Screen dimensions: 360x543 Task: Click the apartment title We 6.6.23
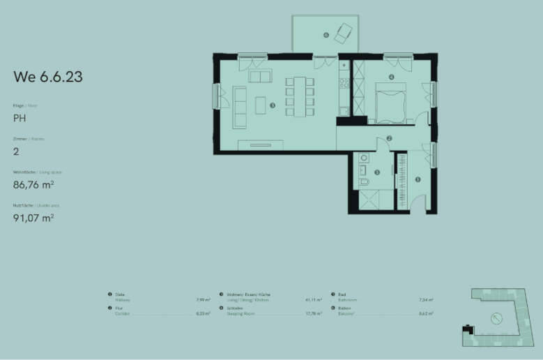(x=48, y=77)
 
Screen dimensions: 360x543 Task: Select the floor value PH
(x=20, y=119)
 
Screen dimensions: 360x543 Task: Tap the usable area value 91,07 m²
(x=33, y=217)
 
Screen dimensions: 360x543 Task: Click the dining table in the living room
(x=300, y=96)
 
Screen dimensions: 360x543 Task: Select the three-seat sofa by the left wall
(x=240, y=107)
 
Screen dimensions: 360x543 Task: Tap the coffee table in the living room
(x=260, y=105)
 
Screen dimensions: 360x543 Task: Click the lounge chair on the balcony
(x=344, y=32)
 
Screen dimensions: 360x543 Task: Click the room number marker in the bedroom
(x=392, y=77)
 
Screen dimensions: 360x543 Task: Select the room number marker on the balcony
(x=326, y=34)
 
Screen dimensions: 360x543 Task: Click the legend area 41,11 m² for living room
(x=313, y=301)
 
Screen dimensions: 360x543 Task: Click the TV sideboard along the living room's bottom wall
(x=261, y=144)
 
